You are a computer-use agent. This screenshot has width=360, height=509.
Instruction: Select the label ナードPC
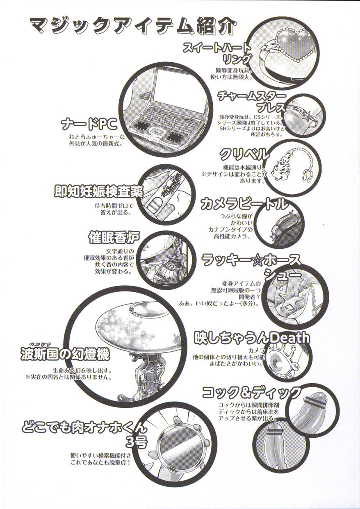[89, 124]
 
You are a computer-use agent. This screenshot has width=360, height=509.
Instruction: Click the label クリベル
[244, 155]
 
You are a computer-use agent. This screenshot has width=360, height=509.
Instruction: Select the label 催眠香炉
[114, 238]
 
